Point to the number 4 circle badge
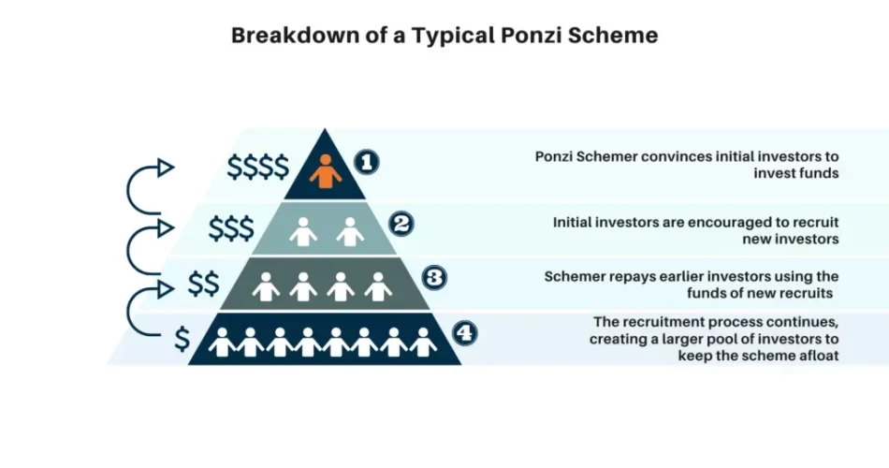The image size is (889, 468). point(465,332)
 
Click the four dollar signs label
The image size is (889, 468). point(257,167)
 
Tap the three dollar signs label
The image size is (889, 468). point(230,227)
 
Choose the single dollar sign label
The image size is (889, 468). point(182,340)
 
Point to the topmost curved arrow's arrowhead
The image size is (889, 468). point(166,168)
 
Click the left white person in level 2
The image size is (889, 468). point(303,231)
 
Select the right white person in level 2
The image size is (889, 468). point(350,231)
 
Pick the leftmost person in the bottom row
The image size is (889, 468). point(223,343)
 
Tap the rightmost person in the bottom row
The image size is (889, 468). point(424,343)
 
